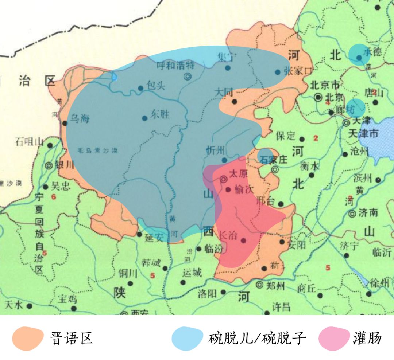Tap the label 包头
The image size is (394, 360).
pyautogui.click(x=156, y=86)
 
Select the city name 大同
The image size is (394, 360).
pyautogui.click(x=224, y=92)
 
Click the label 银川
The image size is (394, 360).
pyautogui.click(x=64, y=165)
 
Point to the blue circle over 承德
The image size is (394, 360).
pyautogui.click(x=359, y=54)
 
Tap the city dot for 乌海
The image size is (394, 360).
pyautogui.click(x=65, y=123)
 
